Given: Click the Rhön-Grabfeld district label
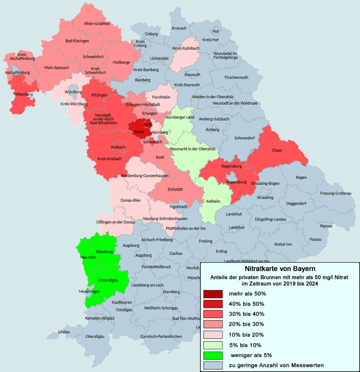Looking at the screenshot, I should [x=97, y=24].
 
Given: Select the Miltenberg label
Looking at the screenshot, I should [x=23, y=94].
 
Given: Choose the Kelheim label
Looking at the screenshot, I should [x=213, y=201].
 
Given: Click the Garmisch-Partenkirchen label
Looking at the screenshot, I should [x=161, y=337].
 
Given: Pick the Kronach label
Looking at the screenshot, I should [x=179, y=28].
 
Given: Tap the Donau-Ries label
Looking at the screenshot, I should [x=131, y=200].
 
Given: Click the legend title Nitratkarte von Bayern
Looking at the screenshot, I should [x=280, y=269].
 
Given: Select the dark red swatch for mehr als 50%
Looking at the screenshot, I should [x=213, y=294].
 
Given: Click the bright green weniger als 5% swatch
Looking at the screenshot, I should [x=213, y=355].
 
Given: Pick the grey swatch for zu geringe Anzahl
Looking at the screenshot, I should [x=213, y=365].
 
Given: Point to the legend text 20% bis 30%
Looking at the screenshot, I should [x=246, y=324].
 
